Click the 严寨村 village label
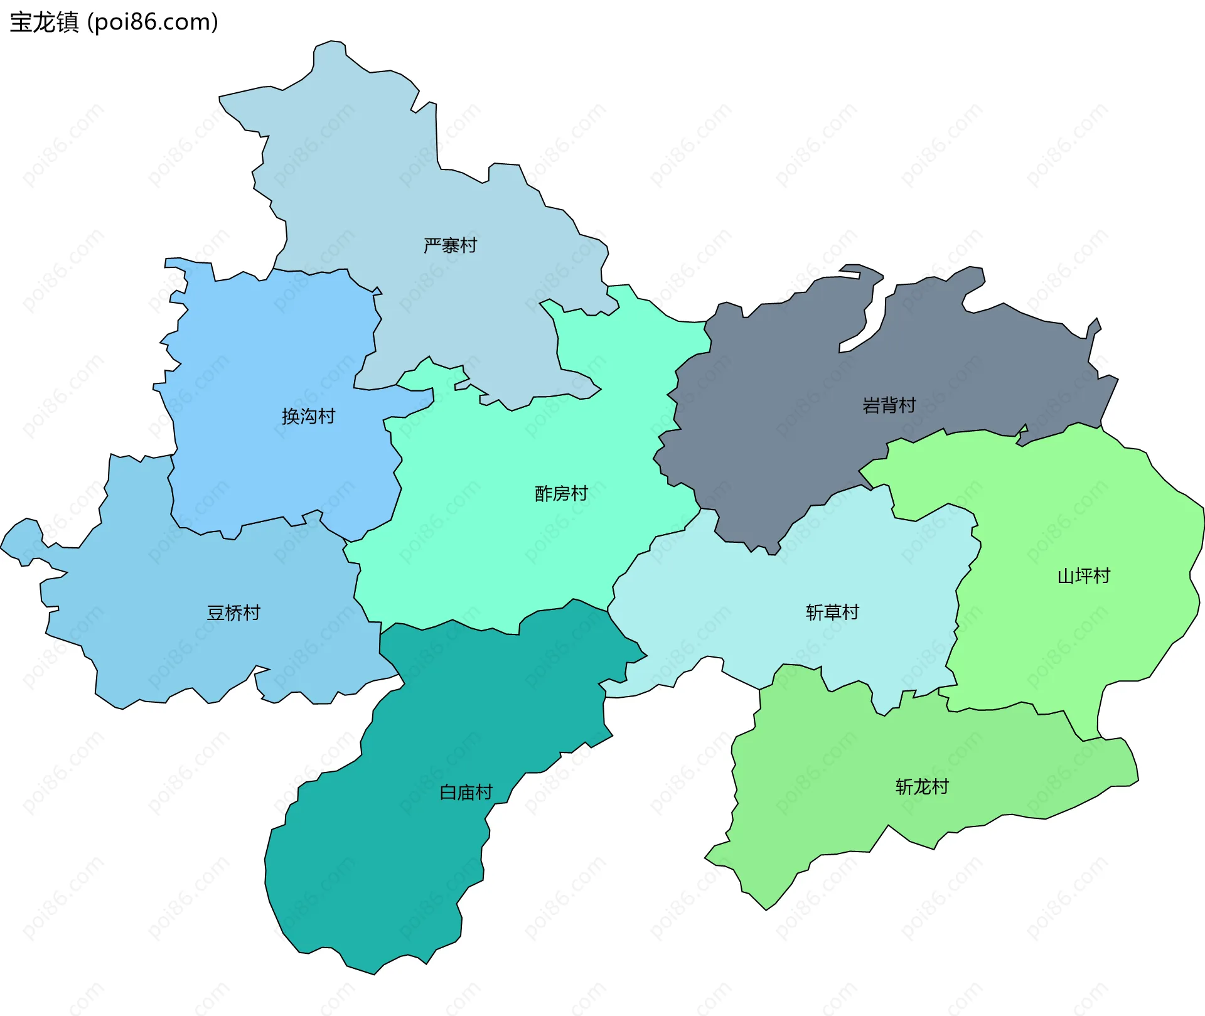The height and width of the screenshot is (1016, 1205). point(450,245)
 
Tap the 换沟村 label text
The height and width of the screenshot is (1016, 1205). point(308,416)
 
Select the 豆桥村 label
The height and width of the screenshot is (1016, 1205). point(233,612)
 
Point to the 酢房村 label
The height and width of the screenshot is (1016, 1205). point(561,494)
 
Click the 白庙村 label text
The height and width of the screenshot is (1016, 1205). point(466,793)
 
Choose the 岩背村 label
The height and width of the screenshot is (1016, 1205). point(889,405)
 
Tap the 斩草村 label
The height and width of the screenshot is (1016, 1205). point(832,612)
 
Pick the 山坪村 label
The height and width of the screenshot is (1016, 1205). point(1083,575)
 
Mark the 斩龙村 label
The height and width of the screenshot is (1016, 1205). point(921,786)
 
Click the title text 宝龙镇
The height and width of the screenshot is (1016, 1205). point(44,22)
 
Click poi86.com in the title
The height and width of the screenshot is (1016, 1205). point(153,22)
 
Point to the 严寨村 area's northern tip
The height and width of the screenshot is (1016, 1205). point(330,45)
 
